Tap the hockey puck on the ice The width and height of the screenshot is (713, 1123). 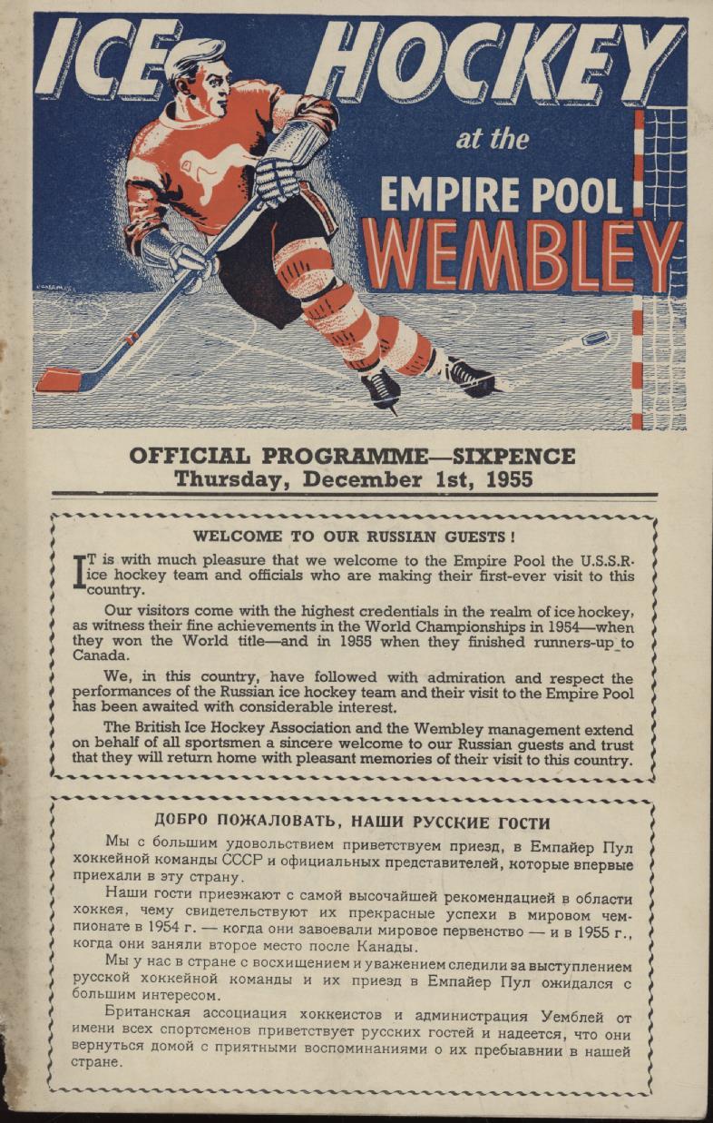(x=594, y=338)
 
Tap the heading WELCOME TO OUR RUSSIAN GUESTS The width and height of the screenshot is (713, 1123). (x=354, y=537)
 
